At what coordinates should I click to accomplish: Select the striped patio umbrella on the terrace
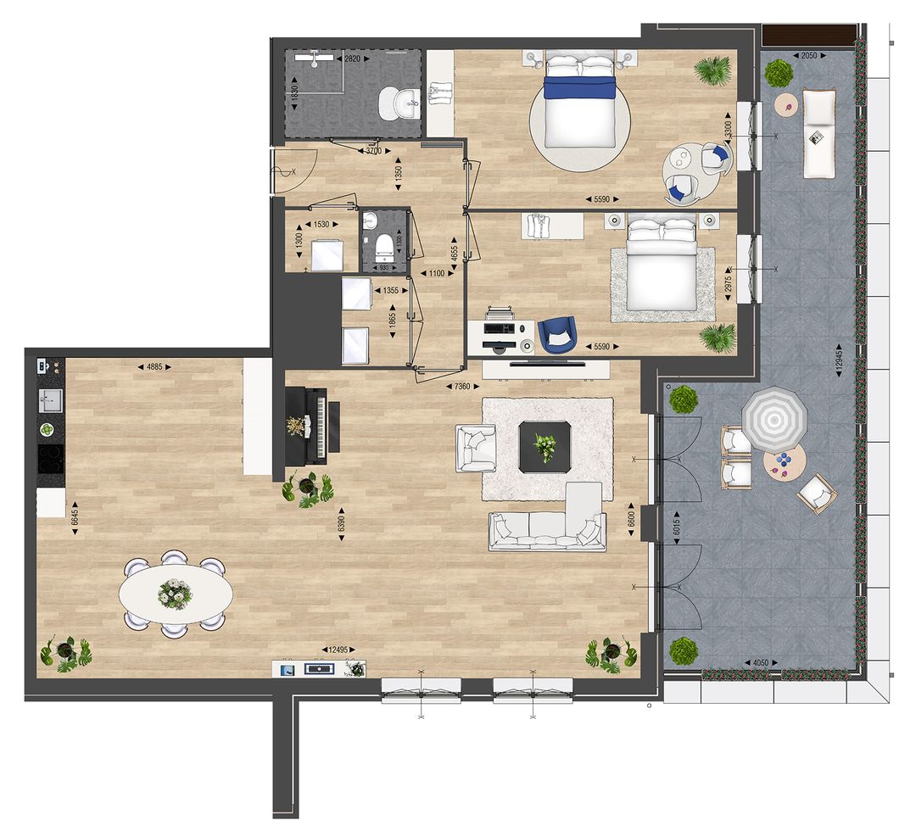tap(774, 417)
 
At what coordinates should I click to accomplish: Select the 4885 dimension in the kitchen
tap(154, 367)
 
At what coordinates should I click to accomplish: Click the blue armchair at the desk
tap(557, 332)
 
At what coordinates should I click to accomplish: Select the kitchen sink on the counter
tap(50, 400)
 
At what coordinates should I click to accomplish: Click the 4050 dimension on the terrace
tap(760, 663)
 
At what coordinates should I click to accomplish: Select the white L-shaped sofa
tap(551, 524)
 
